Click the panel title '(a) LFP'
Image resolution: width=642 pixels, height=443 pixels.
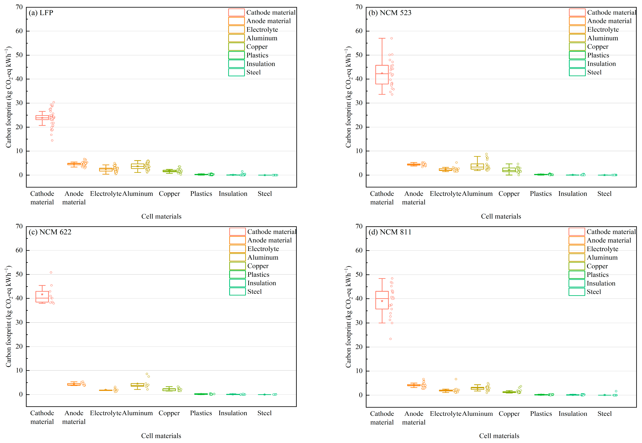pyautogui.click(x=41, y=13)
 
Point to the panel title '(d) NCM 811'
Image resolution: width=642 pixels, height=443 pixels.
pyautogui.click(x=390, y=232)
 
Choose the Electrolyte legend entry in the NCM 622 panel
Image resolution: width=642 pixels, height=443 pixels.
pyautogui.click(x=254, y=249)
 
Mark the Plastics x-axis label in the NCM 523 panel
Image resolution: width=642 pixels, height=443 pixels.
pyautogui.click(x=541, y=194)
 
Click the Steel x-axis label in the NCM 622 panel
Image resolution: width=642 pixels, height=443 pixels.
pyautogui.click(x=264, y=413)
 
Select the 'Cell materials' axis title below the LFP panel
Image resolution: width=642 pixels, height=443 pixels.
pyautogui.click(x=161, y=217)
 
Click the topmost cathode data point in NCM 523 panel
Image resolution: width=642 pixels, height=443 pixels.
pyautogui.click(x=392, y=38)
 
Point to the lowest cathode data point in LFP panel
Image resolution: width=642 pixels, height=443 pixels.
pyautogui.click(x=52, y=140)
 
